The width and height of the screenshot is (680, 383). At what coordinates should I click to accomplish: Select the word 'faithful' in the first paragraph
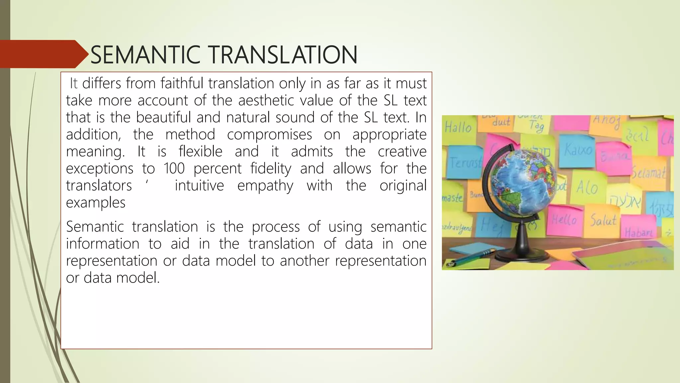(182, 83)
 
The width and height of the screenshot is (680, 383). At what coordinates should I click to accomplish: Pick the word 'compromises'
(270, 134)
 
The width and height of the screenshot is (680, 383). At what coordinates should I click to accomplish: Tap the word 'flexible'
(201, 152)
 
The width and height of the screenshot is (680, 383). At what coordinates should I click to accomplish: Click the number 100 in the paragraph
(174, 169)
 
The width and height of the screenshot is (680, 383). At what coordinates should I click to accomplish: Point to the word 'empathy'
(265, 186)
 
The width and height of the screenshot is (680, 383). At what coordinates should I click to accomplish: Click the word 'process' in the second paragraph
(276, 227)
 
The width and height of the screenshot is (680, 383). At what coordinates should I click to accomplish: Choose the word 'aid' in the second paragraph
(180, 244)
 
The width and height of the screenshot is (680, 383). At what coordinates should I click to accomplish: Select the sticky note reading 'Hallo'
(458, 128)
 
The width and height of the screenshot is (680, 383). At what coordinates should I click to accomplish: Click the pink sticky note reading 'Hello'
(564, 219)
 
